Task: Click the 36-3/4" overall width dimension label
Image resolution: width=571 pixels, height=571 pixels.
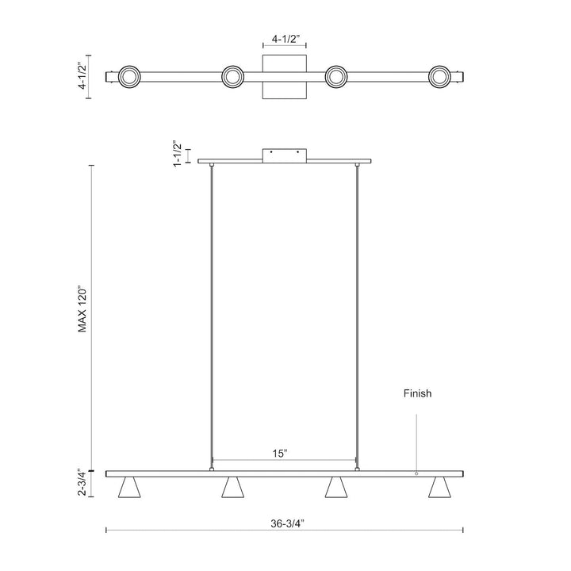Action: tap(285, 546)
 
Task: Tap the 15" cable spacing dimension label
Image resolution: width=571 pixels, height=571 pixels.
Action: tap(279, 453)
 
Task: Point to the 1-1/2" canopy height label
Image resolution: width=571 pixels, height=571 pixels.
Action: tap(177, 150)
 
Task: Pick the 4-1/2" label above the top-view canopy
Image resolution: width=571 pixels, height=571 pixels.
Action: tap(285, 36)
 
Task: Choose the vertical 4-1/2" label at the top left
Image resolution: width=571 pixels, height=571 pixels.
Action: tap(82, 76)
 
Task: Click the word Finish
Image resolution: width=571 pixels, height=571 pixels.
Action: tap(417, 393)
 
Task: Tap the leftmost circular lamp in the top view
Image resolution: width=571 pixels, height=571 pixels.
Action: tap(128, 77)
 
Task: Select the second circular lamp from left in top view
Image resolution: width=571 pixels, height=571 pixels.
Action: tap(232, 77)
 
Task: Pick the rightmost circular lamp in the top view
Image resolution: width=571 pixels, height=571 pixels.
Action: tap(440, 77)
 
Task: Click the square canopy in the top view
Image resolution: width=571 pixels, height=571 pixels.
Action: tap(285, 77)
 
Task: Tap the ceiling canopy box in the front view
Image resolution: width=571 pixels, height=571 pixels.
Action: tap(285, 155)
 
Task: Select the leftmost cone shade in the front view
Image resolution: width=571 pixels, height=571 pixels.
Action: tap(128, 489)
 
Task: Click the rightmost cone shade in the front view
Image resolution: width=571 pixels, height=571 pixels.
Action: tap(440, 489)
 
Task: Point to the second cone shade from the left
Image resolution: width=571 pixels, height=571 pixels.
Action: tap(232, 489)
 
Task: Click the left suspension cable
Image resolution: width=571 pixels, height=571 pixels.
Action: tap(212, 317)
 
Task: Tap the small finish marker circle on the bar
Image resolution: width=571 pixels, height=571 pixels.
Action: tap(416, 473)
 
